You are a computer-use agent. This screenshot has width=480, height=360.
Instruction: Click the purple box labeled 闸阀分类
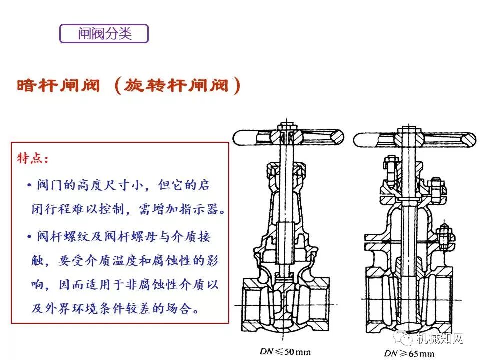click(x=104, y=33)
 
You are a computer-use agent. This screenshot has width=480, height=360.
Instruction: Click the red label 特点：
click(x=33, y=159)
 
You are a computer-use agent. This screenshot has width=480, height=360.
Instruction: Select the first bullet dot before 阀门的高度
click(x=30, y=185)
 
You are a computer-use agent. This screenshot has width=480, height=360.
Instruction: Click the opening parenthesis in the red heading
click(x=118, y=86)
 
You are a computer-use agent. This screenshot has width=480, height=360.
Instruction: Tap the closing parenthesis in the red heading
click(x=237, y=86)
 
